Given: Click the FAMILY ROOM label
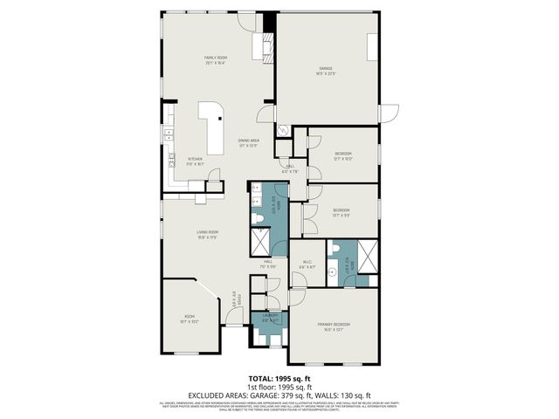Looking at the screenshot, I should pyautogui.click(x=216, y=58).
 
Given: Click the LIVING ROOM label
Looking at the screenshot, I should pyautogui.click(x=206, y=233).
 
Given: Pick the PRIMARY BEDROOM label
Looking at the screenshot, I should pyautogui.click(x=332, y=326).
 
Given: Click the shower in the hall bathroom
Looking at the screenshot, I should pyautogui.click(x=260, y=240).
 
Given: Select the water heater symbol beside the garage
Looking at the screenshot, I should pyautogui.click(x=282, y=129).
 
